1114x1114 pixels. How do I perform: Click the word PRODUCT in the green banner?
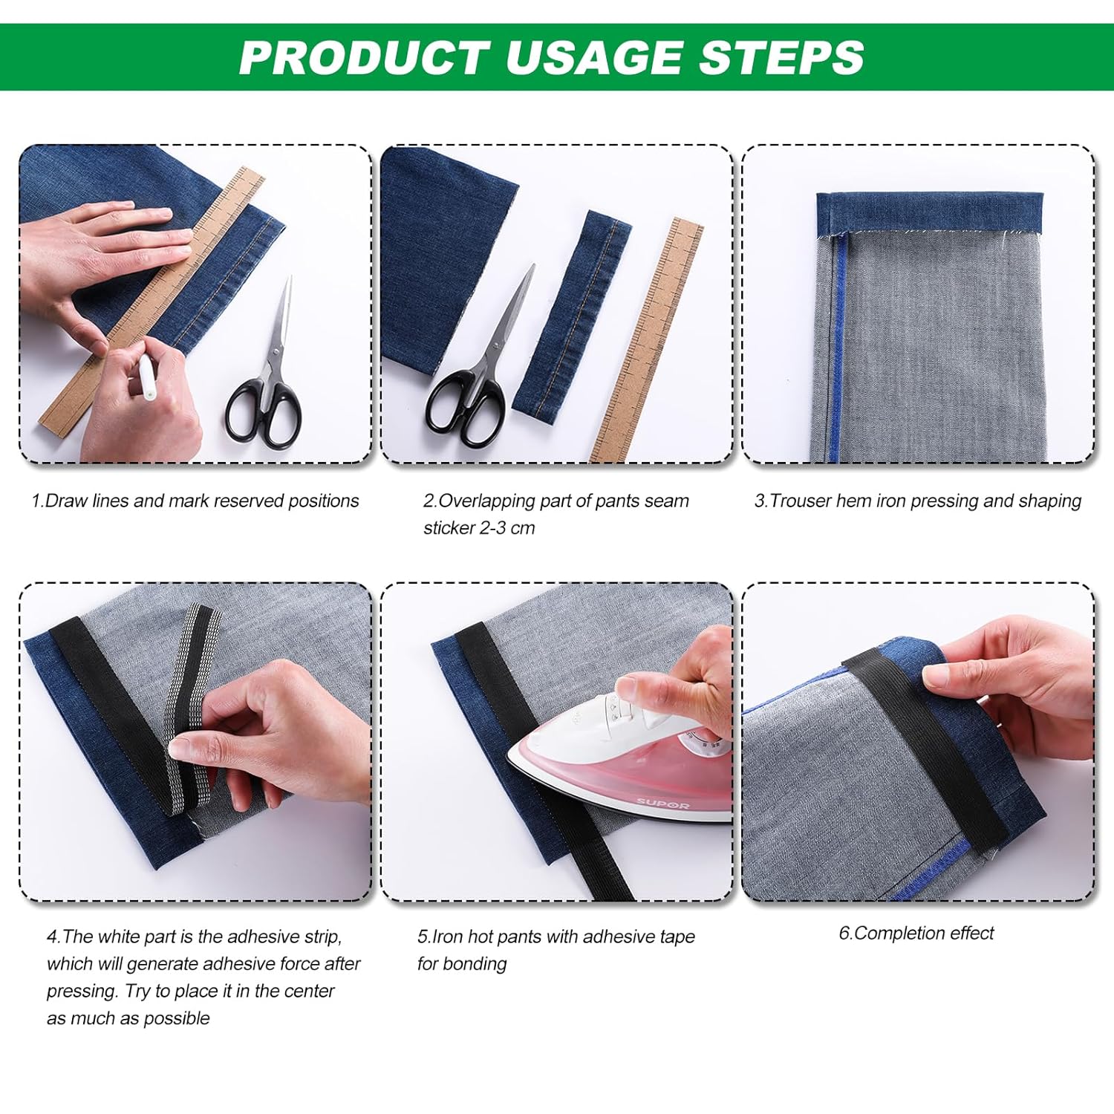(x=364, y=57)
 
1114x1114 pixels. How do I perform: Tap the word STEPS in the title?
(x=781, y=57)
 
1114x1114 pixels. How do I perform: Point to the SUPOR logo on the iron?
(x=662, y=804)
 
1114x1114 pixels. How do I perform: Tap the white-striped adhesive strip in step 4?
(x=189, y=706)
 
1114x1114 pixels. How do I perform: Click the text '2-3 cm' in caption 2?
(x=507, y=528)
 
